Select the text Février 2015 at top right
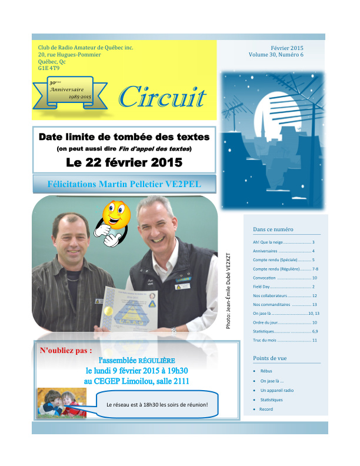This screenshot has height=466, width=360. (x=287, y=48)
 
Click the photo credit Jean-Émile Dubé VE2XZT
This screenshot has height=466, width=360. (x=229, y=291)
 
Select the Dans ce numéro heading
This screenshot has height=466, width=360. (x=273, y=229)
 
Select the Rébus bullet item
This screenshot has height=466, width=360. (x=266, y=372)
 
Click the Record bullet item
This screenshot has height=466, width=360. (x=266, y=409)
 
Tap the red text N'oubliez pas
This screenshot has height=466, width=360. (x=65, y=351)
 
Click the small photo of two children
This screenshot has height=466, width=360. (x=61, y=403)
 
